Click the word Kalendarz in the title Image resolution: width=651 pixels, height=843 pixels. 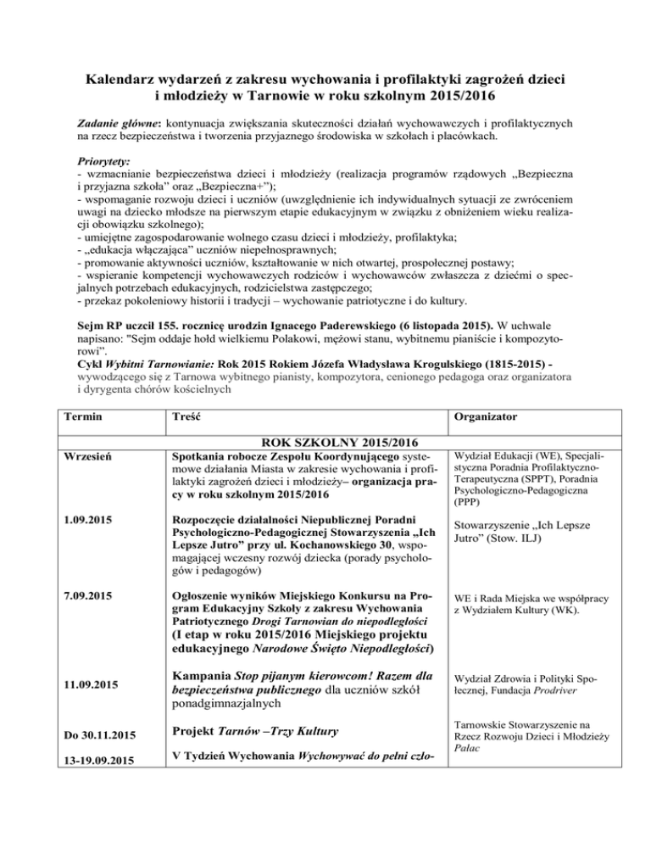(124, 81)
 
